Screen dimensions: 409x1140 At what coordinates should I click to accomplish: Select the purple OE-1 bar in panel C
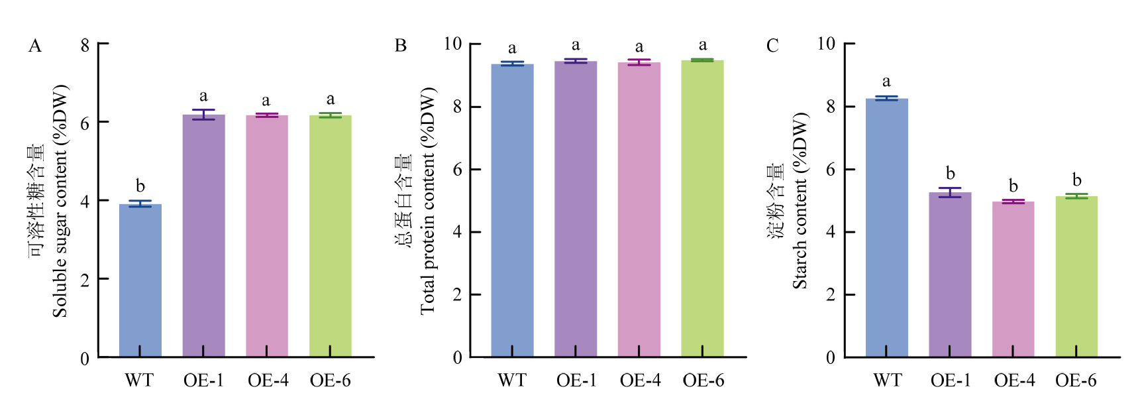[x=950, y=274]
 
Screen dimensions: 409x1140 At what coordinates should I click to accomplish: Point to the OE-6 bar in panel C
[x=1076, y=276]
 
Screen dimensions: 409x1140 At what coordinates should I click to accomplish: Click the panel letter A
[x=35, y=46]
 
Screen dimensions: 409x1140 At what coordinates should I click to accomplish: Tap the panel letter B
[x=400, y=46]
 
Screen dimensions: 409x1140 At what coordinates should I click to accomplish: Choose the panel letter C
[x=772, y=46]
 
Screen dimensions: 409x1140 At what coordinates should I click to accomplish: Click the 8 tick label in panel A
[x=85, y=45]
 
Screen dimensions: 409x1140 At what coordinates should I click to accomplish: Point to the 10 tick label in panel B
[x=452, y=44]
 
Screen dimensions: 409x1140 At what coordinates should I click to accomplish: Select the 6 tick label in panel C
[x=831, y=170]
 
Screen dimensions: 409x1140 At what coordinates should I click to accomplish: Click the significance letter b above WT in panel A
[x=140, y=186]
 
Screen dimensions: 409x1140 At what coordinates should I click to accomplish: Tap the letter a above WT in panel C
[x=886, y=82]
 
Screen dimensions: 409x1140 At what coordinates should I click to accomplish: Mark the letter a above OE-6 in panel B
[x=702, y=45]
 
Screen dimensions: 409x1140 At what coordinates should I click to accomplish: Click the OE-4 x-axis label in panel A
[x=268, y=380]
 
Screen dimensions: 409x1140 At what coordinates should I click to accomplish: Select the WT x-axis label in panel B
[x=511, y=380]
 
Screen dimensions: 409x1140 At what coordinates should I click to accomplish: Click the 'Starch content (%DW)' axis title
[x=800, y=201]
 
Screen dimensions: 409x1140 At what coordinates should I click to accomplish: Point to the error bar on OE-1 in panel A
[x=203, y=115]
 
